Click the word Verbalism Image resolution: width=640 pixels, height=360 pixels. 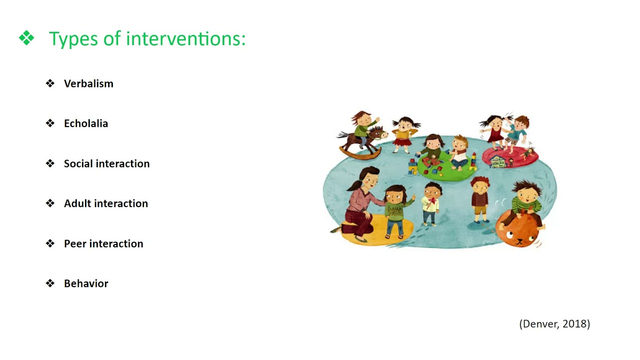pyautogui.click(x=88, y=83)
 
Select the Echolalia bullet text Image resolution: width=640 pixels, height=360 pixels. pyautogui.click(x=86, y=123)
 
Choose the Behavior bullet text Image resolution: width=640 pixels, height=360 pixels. pyautogui.click(x=86, y=283)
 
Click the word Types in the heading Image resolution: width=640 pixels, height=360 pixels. pyautogui.click(x=72, y=39)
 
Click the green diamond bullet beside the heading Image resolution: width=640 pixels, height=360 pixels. pyautogui.click(x=26, y=38)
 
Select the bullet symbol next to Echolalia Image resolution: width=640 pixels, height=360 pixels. pyautogui.click(x=50, y=123)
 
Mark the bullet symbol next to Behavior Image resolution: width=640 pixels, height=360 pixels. pyautogui.click(x=50, y=283)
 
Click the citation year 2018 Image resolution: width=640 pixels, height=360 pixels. pyautogui.click(x=576, y=324)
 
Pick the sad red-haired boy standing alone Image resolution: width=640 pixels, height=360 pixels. pyautogui.click(x=479, y=197)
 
